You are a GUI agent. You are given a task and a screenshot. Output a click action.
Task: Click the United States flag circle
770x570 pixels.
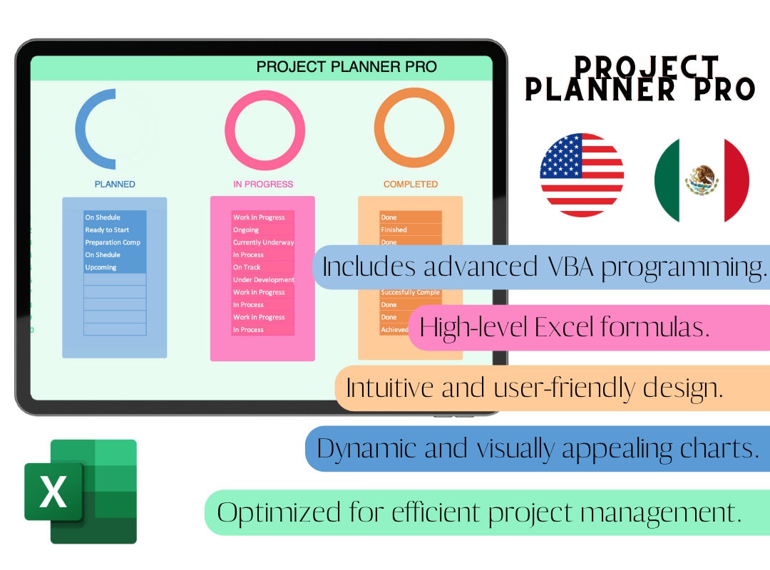pyautogui.click(x=582, y=175)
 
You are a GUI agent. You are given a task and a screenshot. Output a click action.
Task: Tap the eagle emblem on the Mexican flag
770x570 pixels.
pyautogui.click(x=702, y=180)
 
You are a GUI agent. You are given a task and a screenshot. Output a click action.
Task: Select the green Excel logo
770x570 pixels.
pyautogui.click(x=81, y=492)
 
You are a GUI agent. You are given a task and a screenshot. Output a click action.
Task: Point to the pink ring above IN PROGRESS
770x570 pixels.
pyautogui.click(x=265, y=130)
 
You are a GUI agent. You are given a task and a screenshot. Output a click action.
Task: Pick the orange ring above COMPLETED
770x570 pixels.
pyautogui.click(x=414, y=128)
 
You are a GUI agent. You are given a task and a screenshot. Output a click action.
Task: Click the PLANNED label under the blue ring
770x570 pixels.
pyautogui.click(x=115, y=185)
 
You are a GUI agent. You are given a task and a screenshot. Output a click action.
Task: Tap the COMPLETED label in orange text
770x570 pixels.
pyautogui.click(x=411, y=185)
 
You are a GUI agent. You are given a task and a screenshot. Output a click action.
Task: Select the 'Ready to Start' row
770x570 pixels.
pyautogui.click(x=108, y=230)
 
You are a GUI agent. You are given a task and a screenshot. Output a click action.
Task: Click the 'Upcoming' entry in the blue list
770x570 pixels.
pyautogui.click(x=101, y=267)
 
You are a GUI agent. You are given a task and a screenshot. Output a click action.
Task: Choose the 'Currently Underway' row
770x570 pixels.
pyautogui.click(x=263, y=242)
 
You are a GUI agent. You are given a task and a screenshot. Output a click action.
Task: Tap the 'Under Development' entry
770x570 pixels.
pyautogui.click(x=263, y=280)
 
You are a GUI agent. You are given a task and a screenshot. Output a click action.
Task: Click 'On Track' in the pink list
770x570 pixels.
pyautogui.click(x=247, y=267)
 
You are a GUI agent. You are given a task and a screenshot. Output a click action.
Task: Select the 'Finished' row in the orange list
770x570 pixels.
pyautogui.click(x=394, y=230)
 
